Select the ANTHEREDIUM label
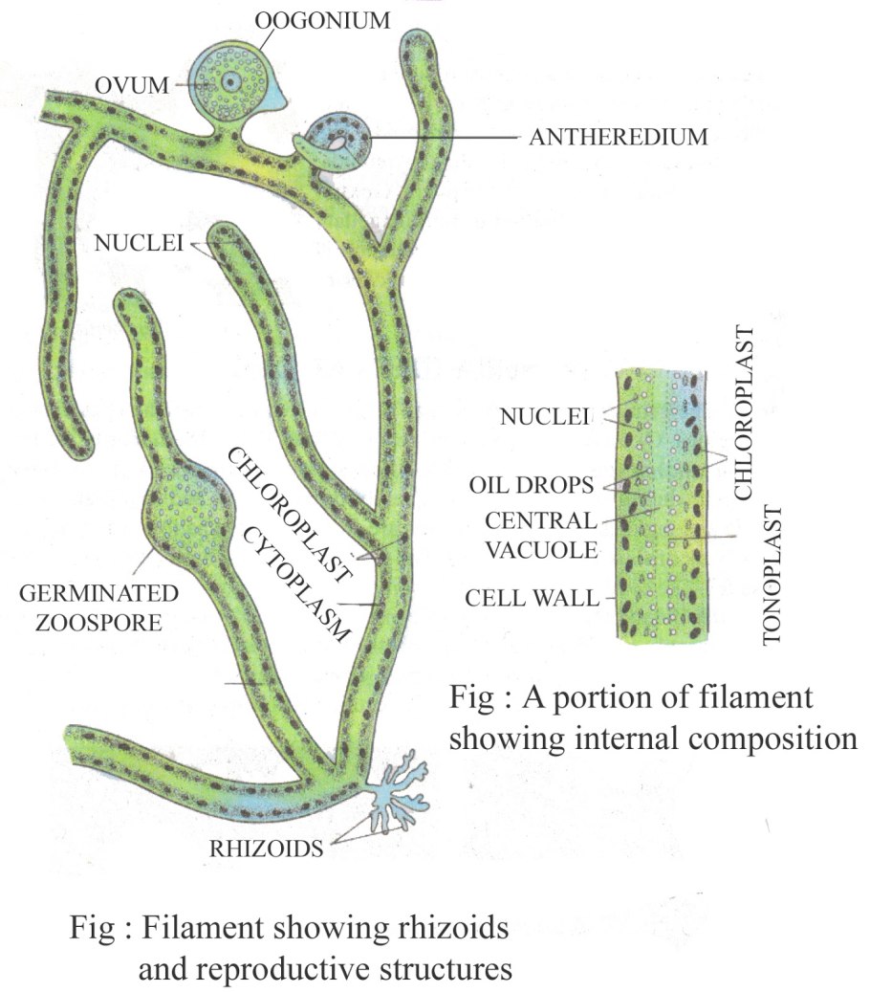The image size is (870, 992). (619, 137)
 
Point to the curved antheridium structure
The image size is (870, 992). (336, 141)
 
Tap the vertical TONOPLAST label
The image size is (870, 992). (772, 578)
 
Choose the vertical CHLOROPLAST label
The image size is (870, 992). (747, 411)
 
